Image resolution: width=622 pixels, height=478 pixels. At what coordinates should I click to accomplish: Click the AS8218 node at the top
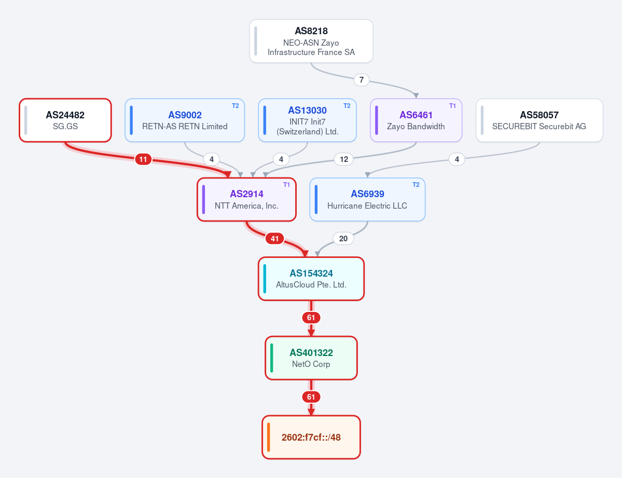311,42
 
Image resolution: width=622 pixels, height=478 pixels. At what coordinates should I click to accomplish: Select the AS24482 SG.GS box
65,120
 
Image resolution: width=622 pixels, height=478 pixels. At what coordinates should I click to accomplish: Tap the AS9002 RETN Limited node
185,120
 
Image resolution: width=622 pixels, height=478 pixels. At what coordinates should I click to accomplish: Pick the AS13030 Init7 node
308,120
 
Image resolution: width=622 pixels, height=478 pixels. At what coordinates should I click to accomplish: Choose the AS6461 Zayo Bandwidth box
416,120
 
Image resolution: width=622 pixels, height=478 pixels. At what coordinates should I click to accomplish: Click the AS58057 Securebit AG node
540,120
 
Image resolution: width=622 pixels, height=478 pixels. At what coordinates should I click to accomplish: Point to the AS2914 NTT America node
247,199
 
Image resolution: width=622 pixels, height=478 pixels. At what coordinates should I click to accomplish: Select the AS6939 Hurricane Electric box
367,199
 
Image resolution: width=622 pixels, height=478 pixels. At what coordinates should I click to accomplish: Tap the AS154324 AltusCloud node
311,279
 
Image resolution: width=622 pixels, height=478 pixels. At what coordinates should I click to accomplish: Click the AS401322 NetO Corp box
311,358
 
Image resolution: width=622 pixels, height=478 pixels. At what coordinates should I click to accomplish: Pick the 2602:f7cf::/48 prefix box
311,437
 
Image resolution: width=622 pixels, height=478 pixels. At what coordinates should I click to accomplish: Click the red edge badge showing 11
143,160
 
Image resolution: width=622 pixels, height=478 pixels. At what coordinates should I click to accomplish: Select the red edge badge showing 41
274,239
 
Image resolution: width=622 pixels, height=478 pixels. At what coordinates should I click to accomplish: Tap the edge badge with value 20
343,239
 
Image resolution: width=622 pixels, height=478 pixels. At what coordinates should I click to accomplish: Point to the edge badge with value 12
344,160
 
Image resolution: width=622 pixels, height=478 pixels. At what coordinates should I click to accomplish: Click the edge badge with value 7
362,80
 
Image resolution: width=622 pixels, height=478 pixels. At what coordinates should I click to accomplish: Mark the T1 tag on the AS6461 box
452,105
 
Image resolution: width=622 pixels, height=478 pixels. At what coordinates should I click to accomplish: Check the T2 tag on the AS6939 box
416,185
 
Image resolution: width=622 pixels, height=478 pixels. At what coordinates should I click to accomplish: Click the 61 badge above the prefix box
311,397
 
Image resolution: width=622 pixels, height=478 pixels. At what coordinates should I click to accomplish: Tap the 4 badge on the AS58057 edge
457,160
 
